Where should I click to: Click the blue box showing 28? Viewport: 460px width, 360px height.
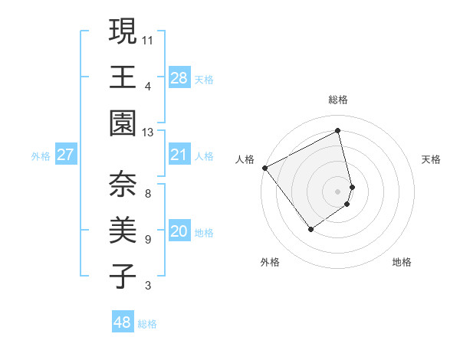tap(179, 77)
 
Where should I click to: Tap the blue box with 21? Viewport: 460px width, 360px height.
tap(179, 155)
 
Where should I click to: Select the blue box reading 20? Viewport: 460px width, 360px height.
tap(179, 231)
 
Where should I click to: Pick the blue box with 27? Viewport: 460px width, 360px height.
tap(65, 155)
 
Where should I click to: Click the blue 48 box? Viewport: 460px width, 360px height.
tap(122, 322)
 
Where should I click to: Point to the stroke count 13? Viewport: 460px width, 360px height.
tap(148, 132)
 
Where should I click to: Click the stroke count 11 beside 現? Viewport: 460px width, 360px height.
tap(148, 39)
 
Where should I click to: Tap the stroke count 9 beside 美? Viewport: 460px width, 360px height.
tap(148, 240)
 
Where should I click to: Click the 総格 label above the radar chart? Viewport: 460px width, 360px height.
tap(337, 100)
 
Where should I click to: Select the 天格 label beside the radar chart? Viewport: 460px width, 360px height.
tap(431, 159)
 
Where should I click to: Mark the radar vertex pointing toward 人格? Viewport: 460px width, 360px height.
tap(265, 168)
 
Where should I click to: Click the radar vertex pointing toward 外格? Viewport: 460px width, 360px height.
tap(310, 228)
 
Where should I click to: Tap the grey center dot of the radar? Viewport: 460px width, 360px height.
tap(337, 191)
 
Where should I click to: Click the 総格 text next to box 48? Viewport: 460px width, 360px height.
tap(147, 324)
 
